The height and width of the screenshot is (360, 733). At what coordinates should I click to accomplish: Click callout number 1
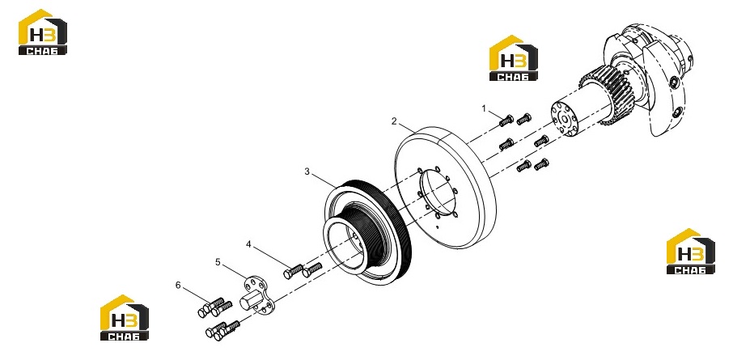pyautogui.click(x=485, y=108)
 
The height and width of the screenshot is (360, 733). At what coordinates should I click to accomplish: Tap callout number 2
pyautogui.click(x=394, y=121)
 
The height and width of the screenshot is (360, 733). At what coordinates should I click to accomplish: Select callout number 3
pyautogui.click(x=307, y=172)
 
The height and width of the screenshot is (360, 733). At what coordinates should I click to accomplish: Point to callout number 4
pyautogui.click(x=248, y=244)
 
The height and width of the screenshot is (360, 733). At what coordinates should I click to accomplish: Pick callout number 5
pyautogui.click(x=218, y=262)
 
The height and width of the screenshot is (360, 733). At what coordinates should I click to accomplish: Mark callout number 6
pyautogui.click(x=178, y=286)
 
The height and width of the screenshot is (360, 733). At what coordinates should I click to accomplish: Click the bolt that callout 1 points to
pyautogui.click(x=506, y=121)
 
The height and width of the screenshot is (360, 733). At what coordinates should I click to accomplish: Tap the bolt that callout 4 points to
pyautogui.click(x=293, y=271)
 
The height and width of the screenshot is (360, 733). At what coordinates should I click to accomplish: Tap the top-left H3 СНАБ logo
pyautogui.click(x=43, y=32)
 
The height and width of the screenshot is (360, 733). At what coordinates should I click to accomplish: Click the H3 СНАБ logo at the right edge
pyautogui.click(x=690, y=251)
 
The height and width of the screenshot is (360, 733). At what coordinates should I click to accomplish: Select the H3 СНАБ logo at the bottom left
pyautogui.click(x=125, y=317)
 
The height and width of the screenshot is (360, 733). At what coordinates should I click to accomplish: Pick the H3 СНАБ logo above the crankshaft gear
pyautogui.click(x=513, y=58)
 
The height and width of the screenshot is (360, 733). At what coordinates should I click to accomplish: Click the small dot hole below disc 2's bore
pyautogui.click(x=436, y=227)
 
